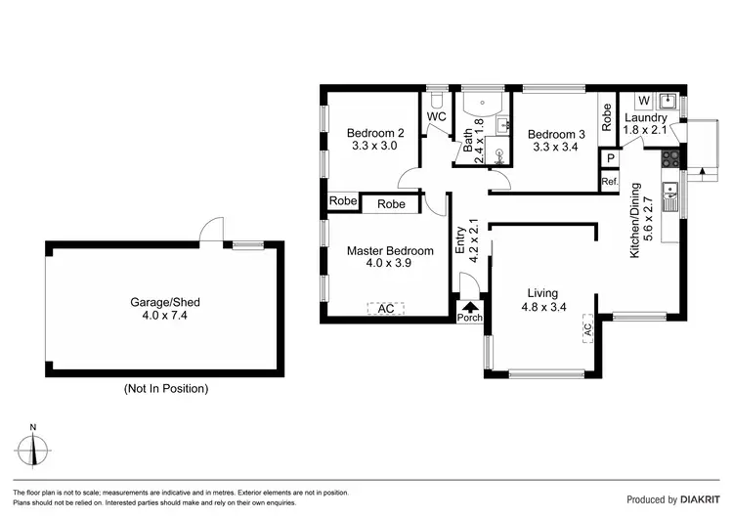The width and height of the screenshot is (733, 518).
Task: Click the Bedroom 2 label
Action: tap(375, 134)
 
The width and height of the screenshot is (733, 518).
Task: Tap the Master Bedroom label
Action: tap(390, 251)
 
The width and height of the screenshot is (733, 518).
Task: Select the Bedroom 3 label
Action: tap(557, 134)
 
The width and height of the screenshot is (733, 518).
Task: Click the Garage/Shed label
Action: tap(165, 303)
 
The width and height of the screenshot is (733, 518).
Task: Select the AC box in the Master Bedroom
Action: tap(386, 308)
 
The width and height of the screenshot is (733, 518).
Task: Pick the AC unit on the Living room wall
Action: tap(588, 328)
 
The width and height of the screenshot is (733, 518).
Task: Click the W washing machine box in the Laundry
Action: tap(643, 100)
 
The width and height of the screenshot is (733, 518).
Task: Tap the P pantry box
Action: tap(610, 159)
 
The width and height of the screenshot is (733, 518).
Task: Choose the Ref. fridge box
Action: tap(610, 181)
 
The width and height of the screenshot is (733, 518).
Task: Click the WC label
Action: tap(436, 117)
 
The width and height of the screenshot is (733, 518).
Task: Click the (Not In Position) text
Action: tap(165, 388)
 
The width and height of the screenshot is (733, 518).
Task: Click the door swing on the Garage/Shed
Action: tap(207, 230)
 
